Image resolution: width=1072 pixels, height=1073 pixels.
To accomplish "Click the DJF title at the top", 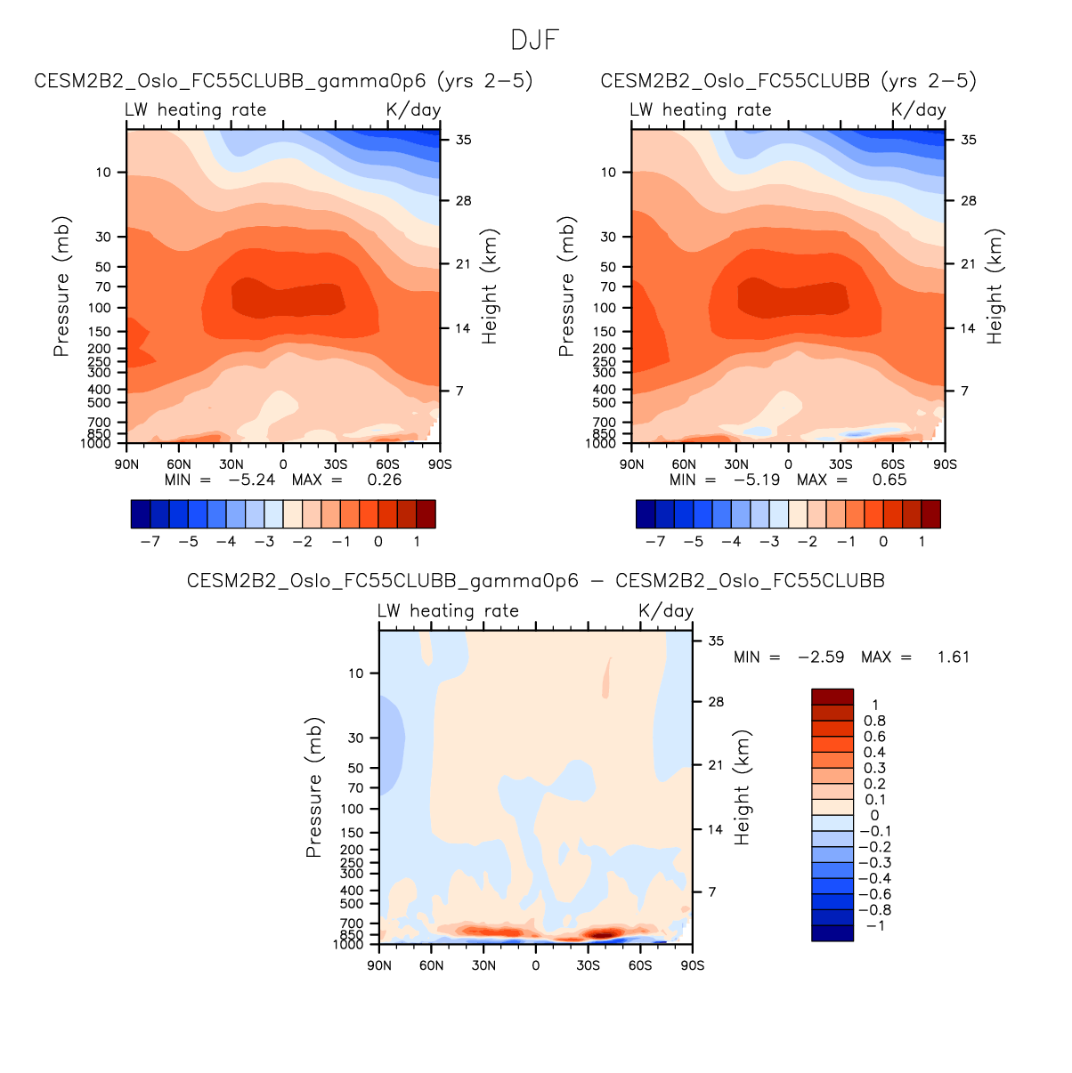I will click(x=535, y=40).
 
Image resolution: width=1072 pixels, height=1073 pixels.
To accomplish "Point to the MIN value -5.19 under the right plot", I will click(x=757, y=480).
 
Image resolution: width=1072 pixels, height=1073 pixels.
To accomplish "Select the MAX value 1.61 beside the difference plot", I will click(x=954, y=657).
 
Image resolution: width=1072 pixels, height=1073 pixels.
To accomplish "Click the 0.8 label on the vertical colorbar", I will click(x=874, y=721).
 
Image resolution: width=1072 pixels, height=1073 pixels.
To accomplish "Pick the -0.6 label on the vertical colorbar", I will click(x=874, y=894).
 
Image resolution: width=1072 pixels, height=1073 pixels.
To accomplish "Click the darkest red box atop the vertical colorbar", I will click(x=832, y=697).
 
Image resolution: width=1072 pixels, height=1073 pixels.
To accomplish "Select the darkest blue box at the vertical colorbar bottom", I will click(x=832, y=933).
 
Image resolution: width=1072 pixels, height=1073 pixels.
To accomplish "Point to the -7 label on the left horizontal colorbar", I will click(x=150, y=541).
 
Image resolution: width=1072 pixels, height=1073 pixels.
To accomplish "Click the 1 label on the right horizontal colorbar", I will click(x=922, y=541).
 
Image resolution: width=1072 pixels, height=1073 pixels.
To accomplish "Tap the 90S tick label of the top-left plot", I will click(x=440, y=464).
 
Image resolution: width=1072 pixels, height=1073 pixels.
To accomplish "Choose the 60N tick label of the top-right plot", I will click(x=684, y=464).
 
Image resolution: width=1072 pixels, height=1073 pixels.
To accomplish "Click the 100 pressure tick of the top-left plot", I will click(x=101, y=308).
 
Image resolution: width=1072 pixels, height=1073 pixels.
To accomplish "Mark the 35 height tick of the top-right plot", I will click(x=969, y=140).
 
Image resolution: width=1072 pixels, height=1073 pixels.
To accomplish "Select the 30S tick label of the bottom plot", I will click(x=588, y=965).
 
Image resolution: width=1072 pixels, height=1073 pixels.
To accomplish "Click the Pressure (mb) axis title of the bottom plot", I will click(x=313, y=787).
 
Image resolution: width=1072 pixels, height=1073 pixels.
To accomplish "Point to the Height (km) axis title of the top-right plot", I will click(x=995, y=286).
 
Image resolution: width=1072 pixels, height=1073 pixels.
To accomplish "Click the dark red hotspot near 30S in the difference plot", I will click(x=602, y=932).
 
